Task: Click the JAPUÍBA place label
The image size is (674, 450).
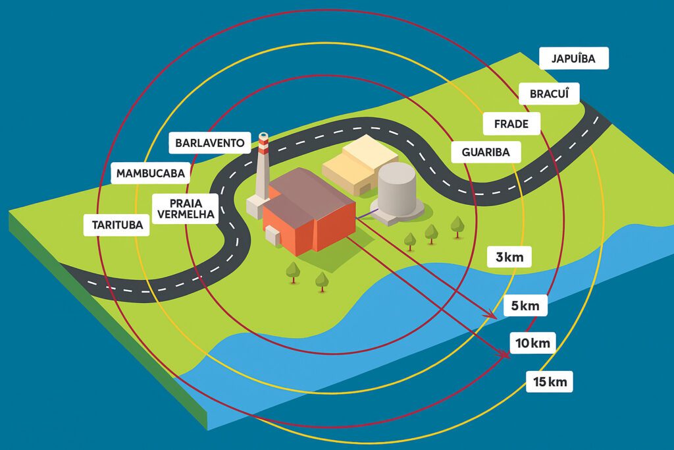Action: pyautogui.click(x=573, y=58)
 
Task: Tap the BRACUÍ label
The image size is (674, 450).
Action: pyautogui.click(x=549, y=94)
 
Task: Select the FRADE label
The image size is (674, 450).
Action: pyautogui.click(x=511, y=124)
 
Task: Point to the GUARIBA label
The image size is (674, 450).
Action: pyautogui.click(x=486, y=152)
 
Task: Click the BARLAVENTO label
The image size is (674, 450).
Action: pyautogui.click(x=210, y=143)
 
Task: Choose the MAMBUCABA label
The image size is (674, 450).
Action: pyautogui.click(x=151, y=173)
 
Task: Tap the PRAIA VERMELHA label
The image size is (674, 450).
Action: pyautogui.click(x=186, y=209)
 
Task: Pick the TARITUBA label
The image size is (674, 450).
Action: pyautogui.click(x=117, y=225)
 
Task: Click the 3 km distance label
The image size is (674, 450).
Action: pyautogui.click(x=509, y=257)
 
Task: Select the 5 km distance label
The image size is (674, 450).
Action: pyautogui.click(x=525, y=306)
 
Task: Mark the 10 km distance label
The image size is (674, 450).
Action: pyautogui.click(x=532, y=343)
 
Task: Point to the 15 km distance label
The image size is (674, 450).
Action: pyautogui.click(x=550, y=381)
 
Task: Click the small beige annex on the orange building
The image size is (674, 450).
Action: pyautogui.click(x=272, y=235)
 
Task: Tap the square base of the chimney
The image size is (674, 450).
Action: pyautogui.click(x=255, y=206)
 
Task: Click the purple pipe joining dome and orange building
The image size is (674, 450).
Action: pyautogui.click(x=367, y=214)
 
